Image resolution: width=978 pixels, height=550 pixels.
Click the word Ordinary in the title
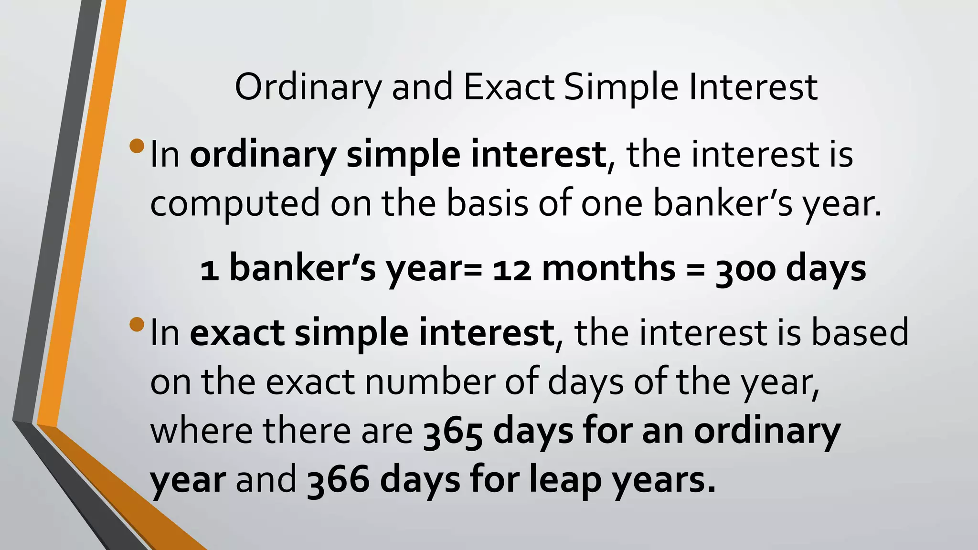(308, 88)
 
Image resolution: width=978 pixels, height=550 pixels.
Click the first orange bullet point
(137, 146)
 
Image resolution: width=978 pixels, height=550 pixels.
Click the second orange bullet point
(137, 324)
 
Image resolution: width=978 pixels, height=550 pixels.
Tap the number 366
(337, 481)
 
